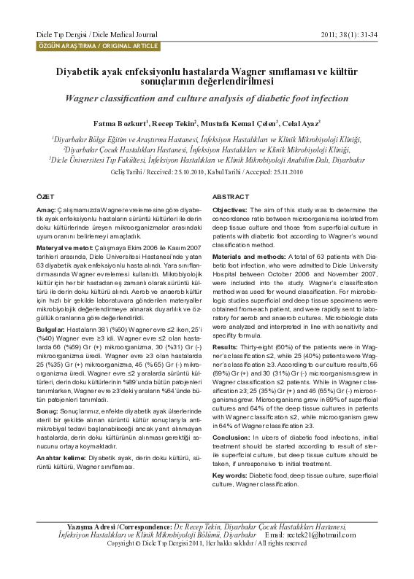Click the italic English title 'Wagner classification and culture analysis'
pos(207,98)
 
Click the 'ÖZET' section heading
pos(45,198)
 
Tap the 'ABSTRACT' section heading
pos(231,198)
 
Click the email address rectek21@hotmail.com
pos(337,535)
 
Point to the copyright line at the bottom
pos(207,543)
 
